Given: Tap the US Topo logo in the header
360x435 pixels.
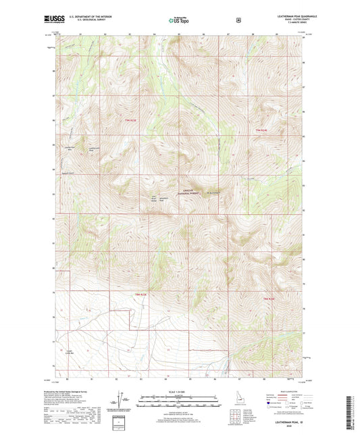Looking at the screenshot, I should pyautogui.click(x=179, y=20).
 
